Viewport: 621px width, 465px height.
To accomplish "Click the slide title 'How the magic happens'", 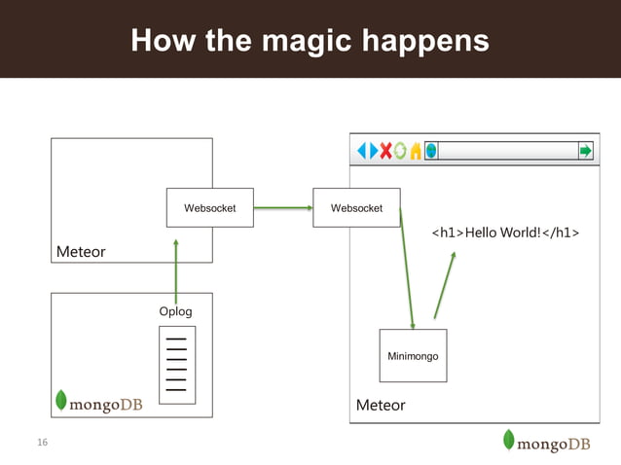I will [310, 40].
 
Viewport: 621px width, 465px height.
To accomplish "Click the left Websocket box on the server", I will [209, 207].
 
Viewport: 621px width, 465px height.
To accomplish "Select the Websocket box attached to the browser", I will [356, 207].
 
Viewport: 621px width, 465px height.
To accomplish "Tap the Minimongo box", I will [413, 356].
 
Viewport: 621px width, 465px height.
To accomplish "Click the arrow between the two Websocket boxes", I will [282, 207].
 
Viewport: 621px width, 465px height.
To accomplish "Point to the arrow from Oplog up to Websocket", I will [176, 265].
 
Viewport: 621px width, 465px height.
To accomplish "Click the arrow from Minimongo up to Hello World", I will [444, 284].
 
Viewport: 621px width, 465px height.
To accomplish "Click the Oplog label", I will [175, 311].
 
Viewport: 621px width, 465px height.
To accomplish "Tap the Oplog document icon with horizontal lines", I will [176, 365].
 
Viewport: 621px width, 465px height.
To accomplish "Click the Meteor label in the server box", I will [81, 252].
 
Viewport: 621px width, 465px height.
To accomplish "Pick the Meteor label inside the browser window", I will [381, 405].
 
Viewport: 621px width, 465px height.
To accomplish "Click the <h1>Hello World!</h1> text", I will [505, 233].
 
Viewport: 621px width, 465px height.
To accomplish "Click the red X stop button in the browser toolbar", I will [386, 151].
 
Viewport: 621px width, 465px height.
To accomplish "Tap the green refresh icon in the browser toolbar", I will [401, 151].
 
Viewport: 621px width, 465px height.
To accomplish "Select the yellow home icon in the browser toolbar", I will [416, 151].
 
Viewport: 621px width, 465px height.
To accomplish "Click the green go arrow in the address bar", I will [585, 151].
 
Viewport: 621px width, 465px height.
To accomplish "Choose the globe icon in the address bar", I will [431, 151].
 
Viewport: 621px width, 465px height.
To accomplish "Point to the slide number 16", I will [42, 444].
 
